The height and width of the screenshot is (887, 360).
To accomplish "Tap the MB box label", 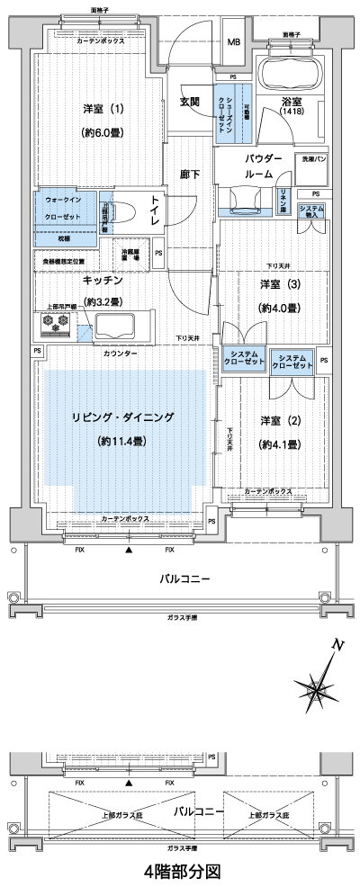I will pyautogui.click(x=233, y=42).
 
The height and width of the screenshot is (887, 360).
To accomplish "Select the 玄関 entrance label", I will pyautogui.click(x=189, y=101).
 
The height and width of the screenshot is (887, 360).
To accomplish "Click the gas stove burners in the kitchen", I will pyautogui.click(x=58, y=322).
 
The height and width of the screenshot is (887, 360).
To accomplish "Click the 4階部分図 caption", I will pyautogui.click(x=181, y=871).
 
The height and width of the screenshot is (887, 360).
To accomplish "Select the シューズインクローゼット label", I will pyautogui.click(x=222, y=112).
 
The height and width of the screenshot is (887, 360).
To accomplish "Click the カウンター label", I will pyautogui.click(x=120, y=354).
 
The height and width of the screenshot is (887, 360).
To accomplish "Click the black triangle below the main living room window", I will pyautogui.click(x=130, y=548).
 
